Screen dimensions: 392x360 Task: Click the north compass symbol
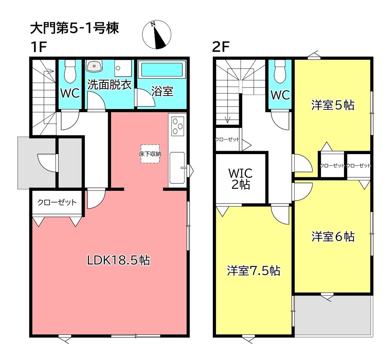pyautogui.click(x=157, y=35)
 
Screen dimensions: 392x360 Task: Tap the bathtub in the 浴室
pyautogui.click(x=162, y=70)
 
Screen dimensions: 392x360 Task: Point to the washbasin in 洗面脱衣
pyautogui.click(x=94, y=66)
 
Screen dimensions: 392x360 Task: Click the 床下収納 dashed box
pyautogui.click(x=150, y=154)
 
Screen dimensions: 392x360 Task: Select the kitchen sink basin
pyautogui.click(x=177, y=168)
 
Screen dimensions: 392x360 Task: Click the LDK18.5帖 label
pyautogui.click(x=118, y=260)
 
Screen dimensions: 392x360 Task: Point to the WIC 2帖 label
pyautogui.click(x=241, y=179)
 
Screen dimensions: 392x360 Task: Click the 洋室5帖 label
pyautogui.click(x=333, y=105)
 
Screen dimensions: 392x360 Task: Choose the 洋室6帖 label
pyautogui.click(x=333, y=236)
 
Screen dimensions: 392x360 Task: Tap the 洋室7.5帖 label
pyautogui.click(x=253, y=271)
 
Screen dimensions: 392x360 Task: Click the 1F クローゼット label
pyautogui.click(x=57, y=202)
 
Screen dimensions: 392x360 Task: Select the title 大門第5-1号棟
pyautogui.click(x=74, y=28)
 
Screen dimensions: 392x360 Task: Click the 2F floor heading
pyautogui.click(x=221, y=46)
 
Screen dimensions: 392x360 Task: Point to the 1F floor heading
pyautogui.click(x=39, y=46)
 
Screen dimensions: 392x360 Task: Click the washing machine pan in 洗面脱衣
pyautogui.click(x=123, y=68)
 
